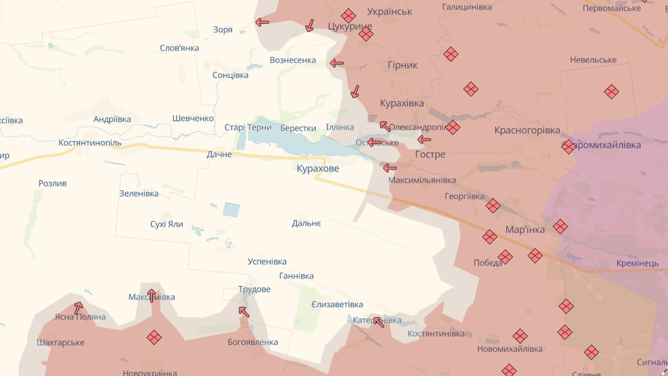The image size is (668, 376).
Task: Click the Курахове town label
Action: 318,168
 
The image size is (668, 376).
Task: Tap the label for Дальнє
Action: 306,223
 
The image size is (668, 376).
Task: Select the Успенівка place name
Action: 267,261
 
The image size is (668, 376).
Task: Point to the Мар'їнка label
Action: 525,229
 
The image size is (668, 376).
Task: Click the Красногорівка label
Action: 527,130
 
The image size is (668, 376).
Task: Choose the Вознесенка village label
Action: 292,60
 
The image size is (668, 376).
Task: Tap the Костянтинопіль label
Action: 90,143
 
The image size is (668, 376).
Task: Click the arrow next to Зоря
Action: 262,22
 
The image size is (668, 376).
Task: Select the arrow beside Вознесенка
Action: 336,63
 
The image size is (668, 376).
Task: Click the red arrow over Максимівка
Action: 151,295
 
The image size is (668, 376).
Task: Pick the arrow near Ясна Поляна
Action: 79,307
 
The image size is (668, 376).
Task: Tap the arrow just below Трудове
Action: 244,311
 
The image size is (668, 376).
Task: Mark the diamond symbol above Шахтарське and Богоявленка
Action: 154,337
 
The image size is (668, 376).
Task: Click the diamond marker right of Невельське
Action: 611,92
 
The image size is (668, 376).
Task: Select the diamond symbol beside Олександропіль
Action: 453,128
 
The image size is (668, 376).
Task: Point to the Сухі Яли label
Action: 166,224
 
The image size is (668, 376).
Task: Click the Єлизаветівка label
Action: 336,304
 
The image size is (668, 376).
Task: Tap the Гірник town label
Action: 403,65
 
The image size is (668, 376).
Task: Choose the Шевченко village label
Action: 193,118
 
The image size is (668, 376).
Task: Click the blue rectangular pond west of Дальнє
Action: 231,210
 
